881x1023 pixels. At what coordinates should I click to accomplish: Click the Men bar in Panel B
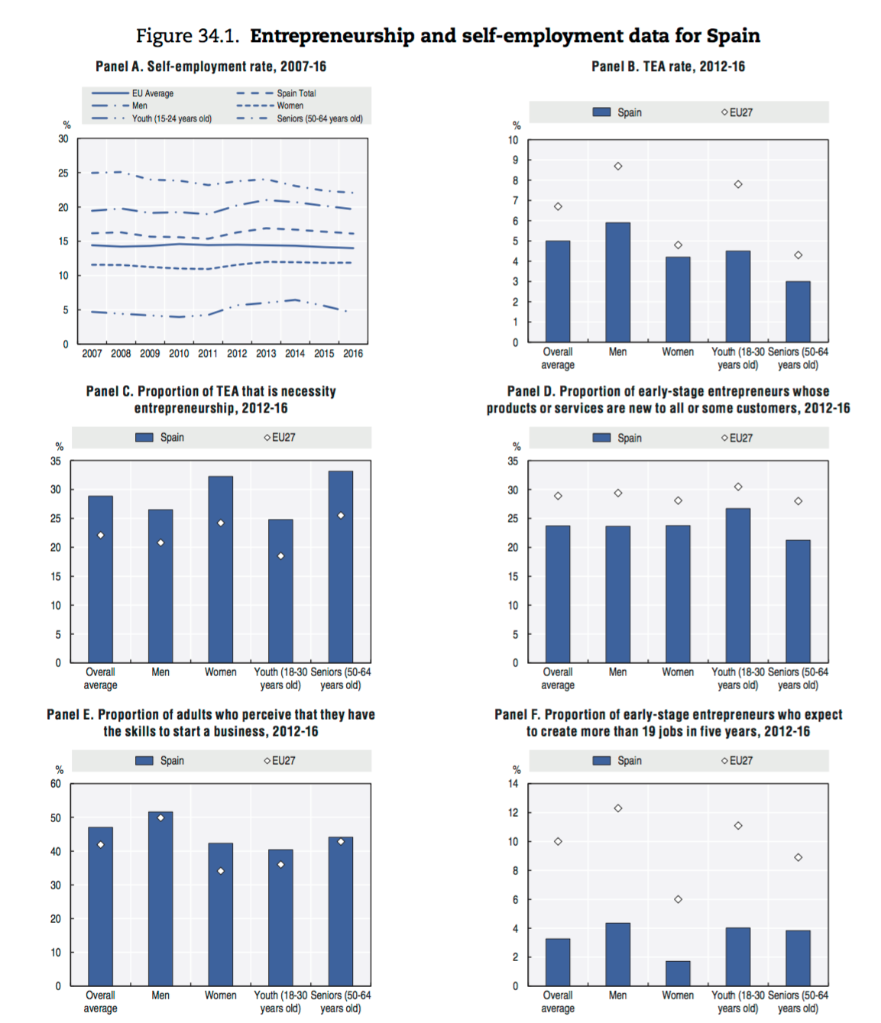[617, 282]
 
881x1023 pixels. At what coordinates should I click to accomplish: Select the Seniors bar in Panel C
[341, 566]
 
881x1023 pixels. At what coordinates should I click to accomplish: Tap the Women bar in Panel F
[678, 973]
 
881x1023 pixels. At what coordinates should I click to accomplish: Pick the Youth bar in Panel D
[737, 585]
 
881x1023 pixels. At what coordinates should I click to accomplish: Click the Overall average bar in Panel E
[100, 906]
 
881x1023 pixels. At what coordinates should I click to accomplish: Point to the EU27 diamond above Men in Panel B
[618, 166]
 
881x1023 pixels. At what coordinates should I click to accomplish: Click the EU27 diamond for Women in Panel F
[678, 899]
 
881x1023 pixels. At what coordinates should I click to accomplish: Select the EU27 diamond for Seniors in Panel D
[798, 501]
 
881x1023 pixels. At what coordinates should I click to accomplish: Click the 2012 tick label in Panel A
[237, 354]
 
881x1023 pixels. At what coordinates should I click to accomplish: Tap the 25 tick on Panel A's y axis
[63, 173]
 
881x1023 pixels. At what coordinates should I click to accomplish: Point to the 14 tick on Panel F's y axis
[513, 783]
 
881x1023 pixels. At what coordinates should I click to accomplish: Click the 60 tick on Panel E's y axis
[56, 783]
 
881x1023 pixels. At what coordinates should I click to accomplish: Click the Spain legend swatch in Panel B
[602, 112]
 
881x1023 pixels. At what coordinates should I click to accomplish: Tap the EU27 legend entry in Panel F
[737, 760]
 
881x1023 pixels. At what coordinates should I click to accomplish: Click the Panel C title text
[211, 399]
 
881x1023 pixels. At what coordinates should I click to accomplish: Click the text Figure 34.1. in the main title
[187, 36]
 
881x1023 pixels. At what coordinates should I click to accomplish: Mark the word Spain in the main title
[733, 36]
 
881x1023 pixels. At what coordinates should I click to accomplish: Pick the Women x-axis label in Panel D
[678, 672]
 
